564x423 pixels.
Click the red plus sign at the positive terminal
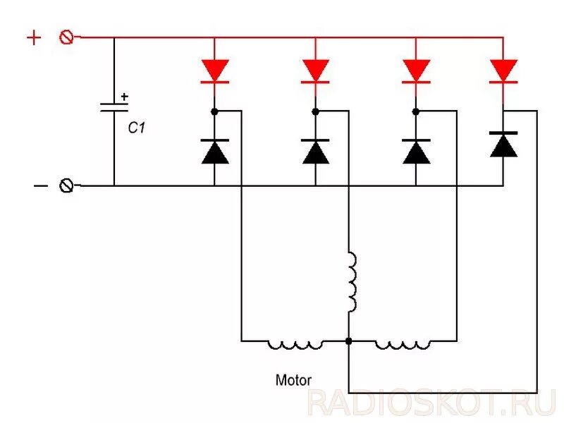pyautogui.click(x=34, y=37)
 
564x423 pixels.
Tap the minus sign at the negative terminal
pyautogui.click(x=41, y=185)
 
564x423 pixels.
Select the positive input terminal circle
pyautogui.click(x=66, y=37)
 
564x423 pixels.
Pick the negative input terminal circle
pyautogui.click(x=67, y=185)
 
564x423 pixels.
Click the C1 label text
pyautogui.click(x=136, y=129)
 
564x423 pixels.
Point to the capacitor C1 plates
pyautogui.click(x=114, y=107)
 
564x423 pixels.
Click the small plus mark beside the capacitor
pyautogui.click(x=125, y=97)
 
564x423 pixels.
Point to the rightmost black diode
pyautogui.click(x=503, y=145)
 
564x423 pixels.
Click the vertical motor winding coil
pyautogui.click(x=350, y=283)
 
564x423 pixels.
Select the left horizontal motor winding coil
pyautogui.click(x=295, y=343)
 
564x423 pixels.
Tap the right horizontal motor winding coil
pyautogui.click(x=402, y=343)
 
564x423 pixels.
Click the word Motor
pyautogui.click(x=293, y=380)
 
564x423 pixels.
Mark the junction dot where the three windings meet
pyautogui.click(x=348, y=341)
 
